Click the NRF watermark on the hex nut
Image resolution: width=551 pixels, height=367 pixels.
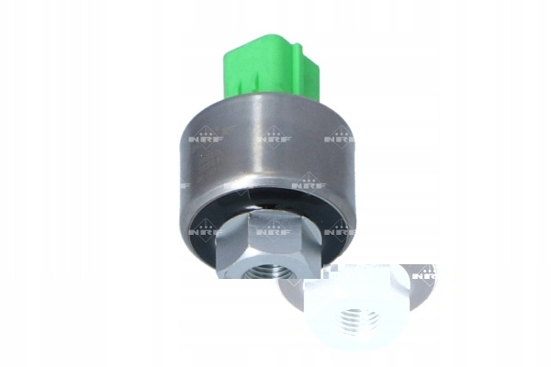(x=274, y=230)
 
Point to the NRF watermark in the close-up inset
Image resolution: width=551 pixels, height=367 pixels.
(x=425, y=274)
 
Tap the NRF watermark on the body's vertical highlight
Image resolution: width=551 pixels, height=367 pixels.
(x=274, y=138)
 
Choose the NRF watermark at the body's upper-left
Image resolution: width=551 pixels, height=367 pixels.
(x=206, y=138)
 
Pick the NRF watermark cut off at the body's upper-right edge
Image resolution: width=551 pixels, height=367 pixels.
(x=340, y=138)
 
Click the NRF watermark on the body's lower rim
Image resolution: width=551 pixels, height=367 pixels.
(x=309, y=183)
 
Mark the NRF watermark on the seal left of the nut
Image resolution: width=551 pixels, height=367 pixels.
(x=206, y=230)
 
